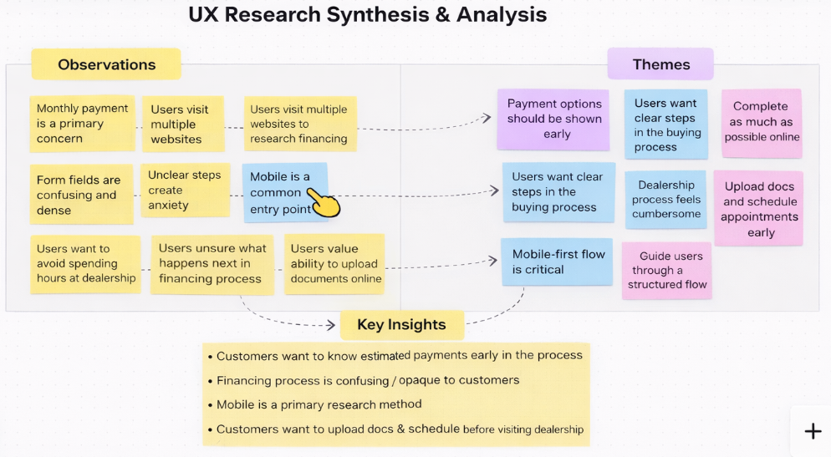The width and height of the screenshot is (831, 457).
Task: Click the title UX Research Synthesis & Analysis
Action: click(x=367, y=14)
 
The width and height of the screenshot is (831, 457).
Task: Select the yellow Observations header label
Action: click(x=106, y=64)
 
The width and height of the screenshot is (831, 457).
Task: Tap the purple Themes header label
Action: click(x=660, y=64)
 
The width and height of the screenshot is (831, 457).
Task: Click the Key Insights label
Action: click(x=401, y=324)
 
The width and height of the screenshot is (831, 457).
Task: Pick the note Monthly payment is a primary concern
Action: click(x=82, y=124)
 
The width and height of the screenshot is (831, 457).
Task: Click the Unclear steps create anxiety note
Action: click(x=185, y=190)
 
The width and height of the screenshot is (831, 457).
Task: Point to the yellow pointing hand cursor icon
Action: click(x=324, y=201)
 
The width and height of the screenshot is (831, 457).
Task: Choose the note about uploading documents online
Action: click(x=335, y=263)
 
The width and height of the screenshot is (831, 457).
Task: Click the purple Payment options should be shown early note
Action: click(x=554, y=118)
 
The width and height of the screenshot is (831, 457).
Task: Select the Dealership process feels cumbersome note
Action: click(x=665, y=200)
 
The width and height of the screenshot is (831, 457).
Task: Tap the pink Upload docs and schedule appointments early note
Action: click(x=760, y=209)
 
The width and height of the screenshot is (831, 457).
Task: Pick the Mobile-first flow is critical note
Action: click(x=558, y=262)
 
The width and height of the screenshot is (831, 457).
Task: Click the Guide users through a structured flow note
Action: click(x=667, y=270)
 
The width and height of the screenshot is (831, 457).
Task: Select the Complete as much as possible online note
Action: click(x=762, y=122)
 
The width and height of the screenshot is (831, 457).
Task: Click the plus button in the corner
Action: click(x=812, y=431)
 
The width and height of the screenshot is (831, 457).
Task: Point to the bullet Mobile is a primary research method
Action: click(x=319, y=404)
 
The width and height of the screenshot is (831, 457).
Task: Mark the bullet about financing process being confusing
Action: click(x=368, y=380)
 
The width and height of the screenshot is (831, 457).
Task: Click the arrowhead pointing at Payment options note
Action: click(x=487, y=118)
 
